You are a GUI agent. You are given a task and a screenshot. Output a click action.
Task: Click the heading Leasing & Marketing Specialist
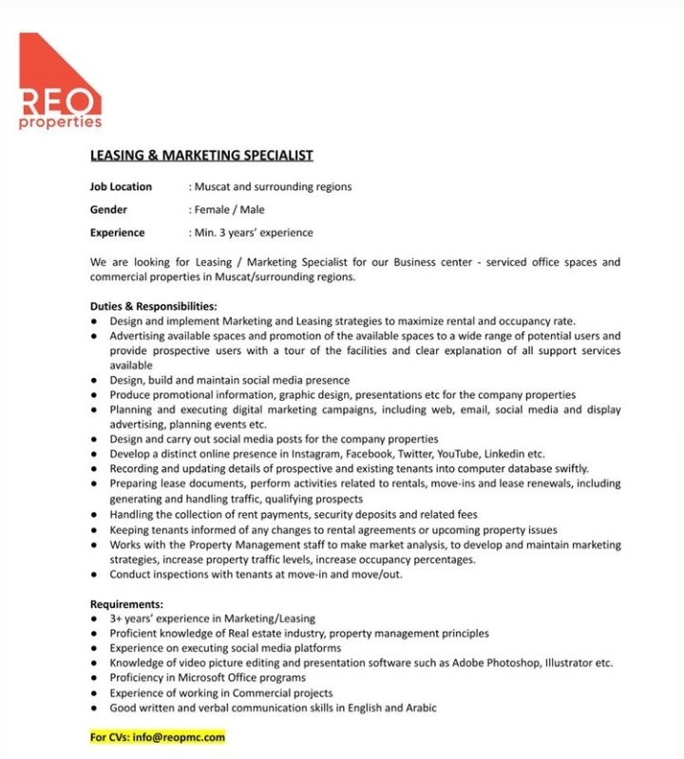tap(200, 154)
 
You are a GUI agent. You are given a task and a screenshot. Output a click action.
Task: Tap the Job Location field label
tap(121, 186)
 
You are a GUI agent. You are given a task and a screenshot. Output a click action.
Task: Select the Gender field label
tap(108, 209)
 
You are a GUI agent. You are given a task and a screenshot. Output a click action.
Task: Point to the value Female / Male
tap(229, 209)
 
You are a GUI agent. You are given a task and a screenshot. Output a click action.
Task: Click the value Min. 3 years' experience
tap(253, 232)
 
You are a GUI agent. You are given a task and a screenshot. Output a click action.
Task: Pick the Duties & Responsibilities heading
tap(153, 307)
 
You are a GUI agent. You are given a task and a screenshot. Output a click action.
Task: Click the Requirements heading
tap(126, 603)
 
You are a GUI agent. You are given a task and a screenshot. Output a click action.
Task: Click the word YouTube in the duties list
tap(460, 454)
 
